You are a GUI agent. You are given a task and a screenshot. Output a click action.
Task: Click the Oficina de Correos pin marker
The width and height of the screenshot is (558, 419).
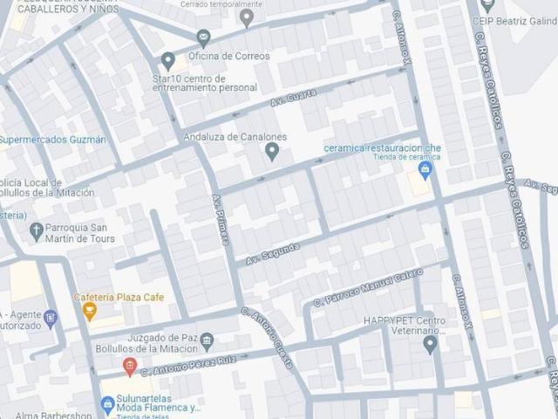204,38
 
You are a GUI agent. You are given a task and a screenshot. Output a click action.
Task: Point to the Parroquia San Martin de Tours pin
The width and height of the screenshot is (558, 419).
37,231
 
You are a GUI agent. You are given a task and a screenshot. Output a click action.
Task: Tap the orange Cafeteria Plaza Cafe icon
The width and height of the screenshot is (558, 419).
88,310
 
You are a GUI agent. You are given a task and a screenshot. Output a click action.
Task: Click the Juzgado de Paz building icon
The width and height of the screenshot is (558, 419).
207,340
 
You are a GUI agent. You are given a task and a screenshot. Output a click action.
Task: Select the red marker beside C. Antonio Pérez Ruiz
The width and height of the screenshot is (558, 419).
130,366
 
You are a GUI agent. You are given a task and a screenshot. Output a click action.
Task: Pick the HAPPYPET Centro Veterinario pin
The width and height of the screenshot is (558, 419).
430,344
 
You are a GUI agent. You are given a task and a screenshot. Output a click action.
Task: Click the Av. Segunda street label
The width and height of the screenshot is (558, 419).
272,253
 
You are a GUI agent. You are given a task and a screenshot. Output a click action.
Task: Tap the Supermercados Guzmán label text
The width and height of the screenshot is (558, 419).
52,140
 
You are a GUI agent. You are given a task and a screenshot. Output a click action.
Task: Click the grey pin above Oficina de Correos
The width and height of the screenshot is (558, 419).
247,17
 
